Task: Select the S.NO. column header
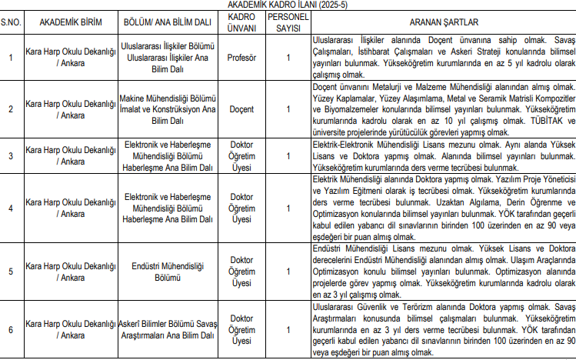pyautogui.click(x=11, y=22)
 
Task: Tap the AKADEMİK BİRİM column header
pyautogui.click(x=70, y=22)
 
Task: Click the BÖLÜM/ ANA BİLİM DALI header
pyautogui.click(x=168, y=22)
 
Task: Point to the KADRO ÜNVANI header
pyautogui.click(x=241, y=22)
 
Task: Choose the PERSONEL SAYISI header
pyautogui.click(x=288, y=22)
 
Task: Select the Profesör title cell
pyautogui.click(x=241, y=58)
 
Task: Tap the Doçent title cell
pyautogui.click(x=241, y=108)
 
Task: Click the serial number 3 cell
pyautogui.click(x=11, y=156)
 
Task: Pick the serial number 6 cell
pyautogui.click(x=11, y=330)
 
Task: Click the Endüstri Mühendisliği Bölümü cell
pyautogui.click(x=168, y=272)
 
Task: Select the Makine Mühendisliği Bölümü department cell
pyautogui.click(x=168, y=108)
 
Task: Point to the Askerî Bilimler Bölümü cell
pyautogui.click(x=168, y=330)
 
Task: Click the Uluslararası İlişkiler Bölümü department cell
pyautogui.click(x=168, y=58)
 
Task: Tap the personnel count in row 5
pyautogui.click(x=288, y=272)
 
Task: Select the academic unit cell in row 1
pyautogui.click(x=70, y=58)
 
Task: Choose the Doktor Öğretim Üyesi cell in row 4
pyautogui.click(x=241, y=208)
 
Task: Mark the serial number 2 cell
pyautogui.click(x=11, y=108)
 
